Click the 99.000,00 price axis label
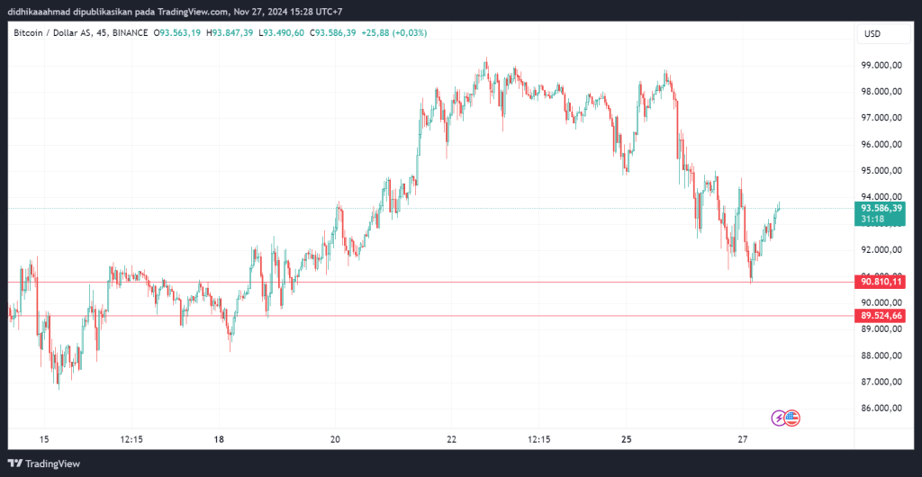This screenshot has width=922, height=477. (x=881, y=65)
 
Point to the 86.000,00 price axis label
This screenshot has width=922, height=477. (x=881, y=409)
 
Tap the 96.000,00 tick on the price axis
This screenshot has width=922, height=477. (x=881, y=144)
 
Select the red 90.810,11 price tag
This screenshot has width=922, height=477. (x=881, y=283)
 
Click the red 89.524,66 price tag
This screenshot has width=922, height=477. (x=881, y=316)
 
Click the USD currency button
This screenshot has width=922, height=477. (x=872, y=33)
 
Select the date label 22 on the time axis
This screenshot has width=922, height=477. (x=452, y=439)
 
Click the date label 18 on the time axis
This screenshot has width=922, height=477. (x=219, y=439)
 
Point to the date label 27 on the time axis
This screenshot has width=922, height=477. (x=743, y=439)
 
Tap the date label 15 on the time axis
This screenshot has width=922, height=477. (x=43, y=439)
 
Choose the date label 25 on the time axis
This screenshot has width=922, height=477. (x=628, y=439)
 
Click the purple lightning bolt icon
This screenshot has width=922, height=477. (x=778, y=418)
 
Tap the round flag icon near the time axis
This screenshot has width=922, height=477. (x=792, y=418)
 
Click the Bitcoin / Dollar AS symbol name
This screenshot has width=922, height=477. (x=50, y=33)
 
